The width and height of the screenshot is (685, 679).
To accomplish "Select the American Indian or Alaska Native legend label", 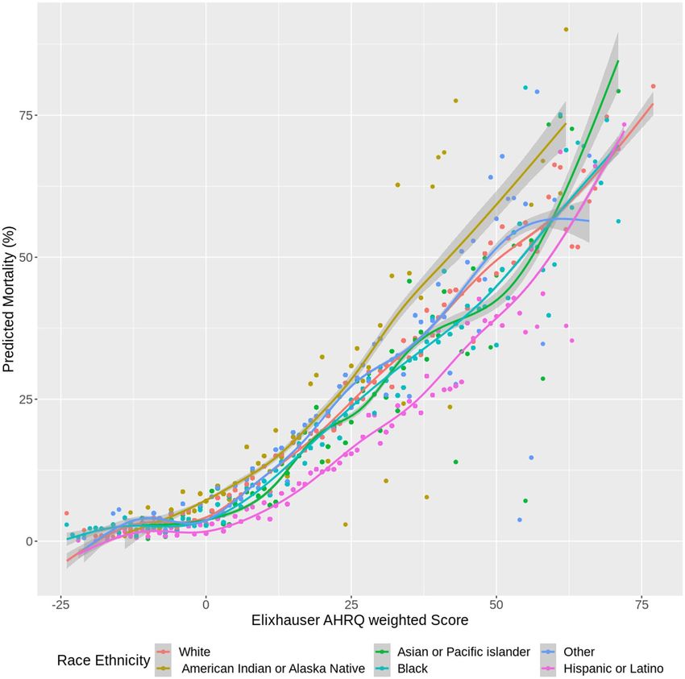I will click(273, 668).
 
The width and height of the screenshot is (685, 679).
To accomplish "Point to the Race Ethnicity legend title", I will click(103, 660).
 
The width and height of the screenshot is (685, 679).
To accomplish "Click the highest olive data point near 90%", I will click(566, 29).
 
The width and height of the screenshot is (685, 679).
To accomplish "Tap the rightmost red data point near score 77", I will click(653, 86).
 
